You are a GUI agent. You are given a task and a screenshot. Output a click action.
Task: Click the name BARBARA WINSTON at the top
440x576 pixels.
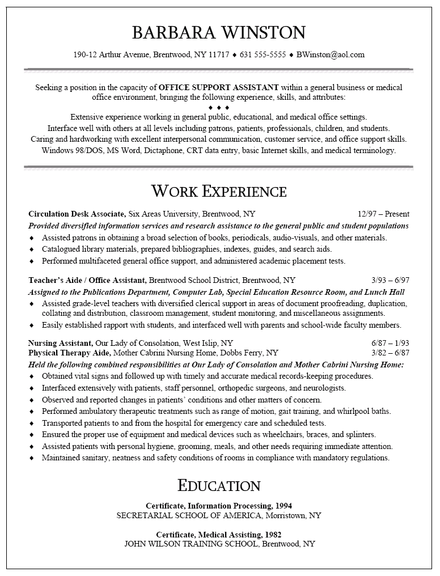point(219,32)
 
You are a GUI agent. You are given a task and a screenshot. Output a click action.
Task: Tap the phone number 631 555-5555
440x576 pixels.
point(263,55)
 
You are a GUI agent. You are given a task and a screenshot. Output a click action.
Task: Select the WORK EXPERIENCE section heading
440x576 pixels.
point(219,190)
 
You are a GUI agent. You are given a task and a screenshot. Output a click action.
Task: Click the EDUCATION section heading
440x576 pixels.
point(219,485)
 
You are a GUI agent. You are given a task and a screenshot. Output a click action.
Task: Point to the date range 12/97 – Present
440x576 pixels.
point(383,214)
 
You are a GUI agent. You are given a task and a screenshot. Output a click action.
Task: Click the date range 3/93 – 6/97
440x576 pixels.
point(390,280)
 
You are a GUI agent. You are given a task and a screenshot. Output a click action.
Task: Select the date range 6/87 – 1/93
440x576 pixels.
point(390,344)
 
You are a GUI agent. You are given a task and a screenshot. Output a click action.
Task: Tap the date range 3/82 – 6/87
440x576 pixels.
point(390,353)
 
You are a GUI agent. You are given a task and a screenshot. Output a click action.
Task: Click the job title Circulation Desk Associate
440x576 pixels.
point(77,214)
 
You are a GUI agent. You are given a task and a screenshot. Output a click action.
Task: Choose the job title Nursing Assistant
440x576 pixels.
point(60,344)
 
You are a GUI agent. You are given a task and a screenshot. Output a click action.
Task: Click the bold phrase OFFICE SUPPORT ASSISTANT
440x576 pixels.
point(219,88)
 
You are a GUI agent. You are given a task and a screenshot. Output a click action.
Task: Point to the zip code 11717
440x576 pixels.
point(219,55)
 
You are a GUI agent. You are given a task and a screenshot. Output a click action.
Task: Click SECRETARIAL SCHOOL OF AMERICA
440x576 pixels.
point(190,516)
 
